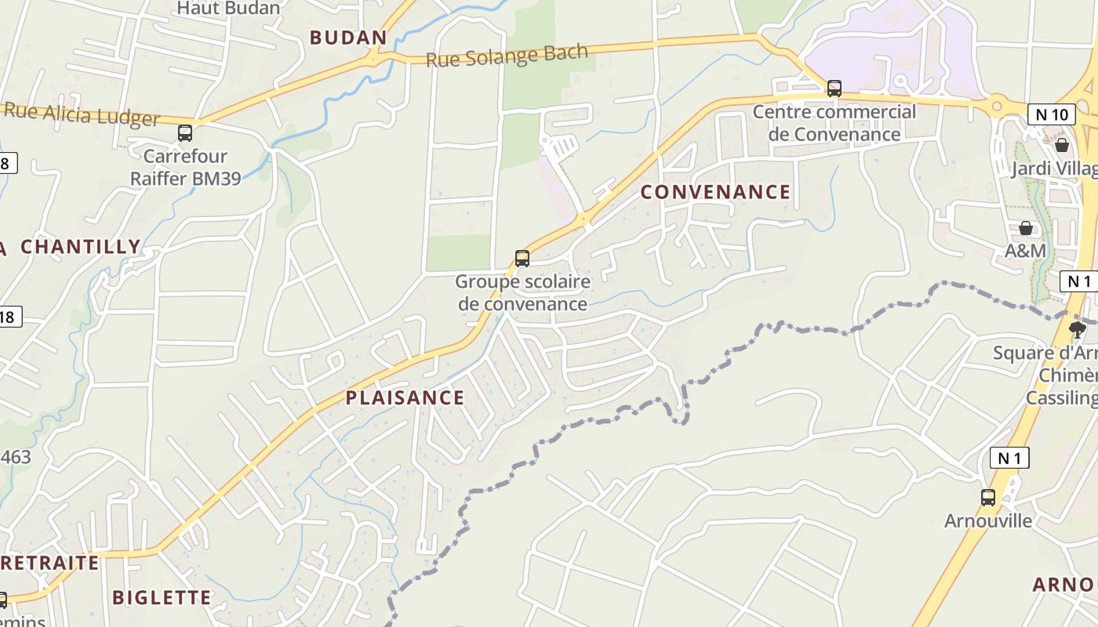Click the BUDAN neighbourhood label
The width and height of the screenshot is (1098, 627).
pyautogui.click(x=348, y=38)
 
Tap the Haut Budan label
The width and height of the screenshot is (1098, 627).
pyautogui.click(x=228, y=9)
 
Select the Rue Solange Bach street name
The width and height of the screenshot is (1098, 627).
pyautogui.click(x=507, y=56)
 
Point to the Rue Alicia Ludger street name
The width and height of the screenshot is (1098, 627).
pyautogui.click(x=82, y=114)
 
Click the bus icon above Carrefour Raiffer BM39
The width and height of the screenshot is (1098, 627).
pyautogui.click(x=185, y=133)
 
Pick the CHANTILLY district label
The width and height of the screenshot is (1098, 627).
pyautogui.click(x=80, y=247)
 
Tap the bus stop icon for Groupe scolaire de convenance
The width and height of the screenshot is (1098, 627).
pyautogui.click(x=522, y=259)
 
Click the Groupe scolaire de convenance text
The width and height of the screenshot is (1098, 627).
pyautogui.click(x=522, y=292)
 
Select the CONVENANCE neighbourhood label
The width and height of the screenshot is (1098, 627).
pyautogui.click(x=715, y=192)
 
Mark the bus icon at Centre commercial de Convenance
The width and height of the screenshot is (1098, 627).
pyautogui.click(x=834, y=89)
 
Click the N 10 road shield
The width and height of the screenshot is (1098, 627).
pyautogui.click(x=1051, y=114)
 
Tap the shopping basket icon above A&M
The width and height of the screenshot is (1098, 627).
pyautogui.click(x=1025, y=228)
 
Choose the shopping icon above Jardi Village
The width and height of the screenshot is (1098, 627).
pyautogui.click(x=1062, y=145)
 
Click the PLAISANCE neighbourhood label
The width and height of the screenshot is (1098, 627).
pyautogui.click(x=405, y=397)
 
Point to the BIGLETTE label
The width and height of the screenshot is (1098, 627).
pyautogui.click(x=162, y=597)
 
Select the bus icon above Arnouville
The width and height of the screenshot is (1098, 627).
pyautogui.click(x=988, y=497)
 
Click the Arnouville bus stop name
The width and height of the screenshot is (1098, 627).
pyautogui.click(x=988, y=521)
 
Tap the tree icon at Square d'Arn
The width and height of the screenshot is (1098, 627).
pyautogui.click(x=1078, y=329)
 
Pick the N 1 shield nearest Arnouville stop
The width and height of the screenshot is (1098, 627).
pyautogui.click(x=1009, y=458)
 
